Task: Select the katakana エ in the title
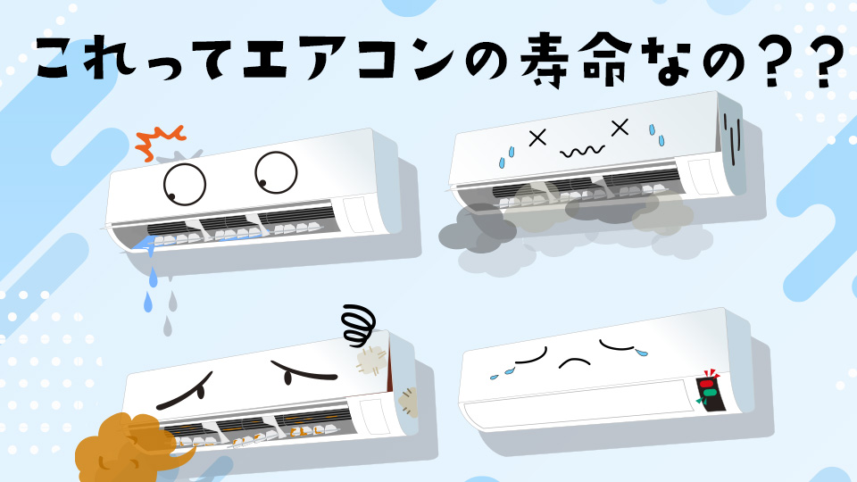[254, 61]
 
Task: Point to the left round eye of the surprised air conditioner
[185, 182]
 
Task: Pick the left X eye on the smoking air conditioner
[537, 138]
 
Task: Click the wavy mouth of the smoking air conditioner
[578, 151]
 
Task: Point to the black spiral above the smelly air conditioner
[359, 325]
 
